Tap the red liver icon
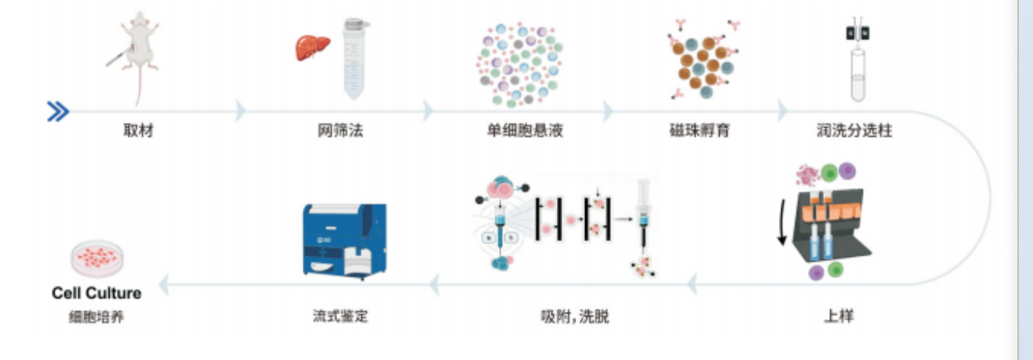coord(312,48)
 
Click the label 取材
coord(138,130)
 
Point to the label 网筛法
coord(341,130)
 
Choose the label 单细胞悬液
coord(525,130)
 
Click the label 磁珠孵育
coord(700,130)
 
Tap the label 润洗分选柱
coord(855,130)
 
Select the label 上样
coord(839,316)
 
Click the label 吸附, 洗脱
coord(575,316)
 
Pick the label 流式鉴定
coord(341,316)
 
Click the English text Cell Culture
coord(96,293)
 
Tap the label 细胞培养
coord(96,317)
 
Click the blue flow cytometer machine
coord(344,241)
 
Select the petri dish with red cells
coord(97,259)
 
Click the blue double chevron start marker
coord(58,112)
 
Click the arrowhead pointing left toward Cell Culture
coord(164,284)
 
